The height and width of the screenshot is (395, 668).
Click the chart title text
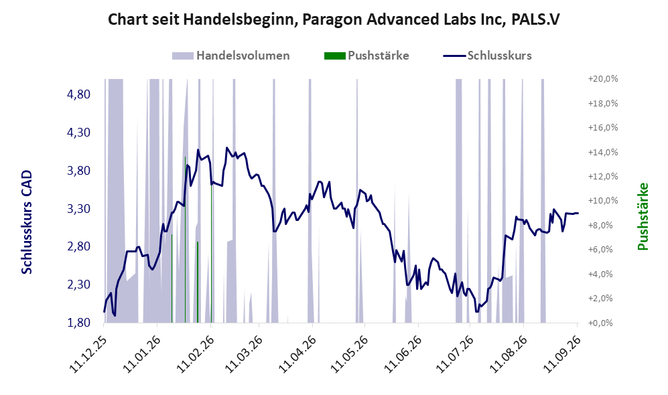point(334,19)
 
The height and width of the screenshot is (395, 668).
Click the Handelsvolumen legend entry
point(231,56)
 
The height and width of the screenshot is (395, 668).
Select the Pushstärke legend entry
point(366,56)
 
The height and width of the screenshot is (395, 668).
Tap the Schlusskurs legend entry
point(487,56)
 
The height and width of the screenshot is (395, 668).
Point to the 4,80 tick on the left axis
point(79,94)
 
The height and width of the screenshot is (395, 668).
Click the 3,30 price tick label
point(79,209)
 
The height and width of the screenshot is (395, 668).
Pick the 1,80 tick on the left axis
point(79,323)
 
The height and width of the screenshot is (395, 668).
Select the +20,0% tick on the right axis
point(603,79)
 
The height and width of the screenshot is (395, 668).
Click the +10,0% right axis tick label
point(603,201)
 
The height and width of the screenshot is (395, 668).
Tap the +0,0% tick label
point(603,323)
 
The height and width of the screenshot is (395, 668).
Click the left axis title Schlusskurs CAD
point(27,222)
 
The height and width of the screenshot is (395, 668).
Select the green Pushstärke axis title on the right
point(643,216)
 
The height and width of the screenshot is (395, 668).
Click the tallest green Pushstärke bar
point(186,240)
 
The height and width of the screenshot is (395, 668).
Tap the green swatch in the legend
point(334,56)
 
